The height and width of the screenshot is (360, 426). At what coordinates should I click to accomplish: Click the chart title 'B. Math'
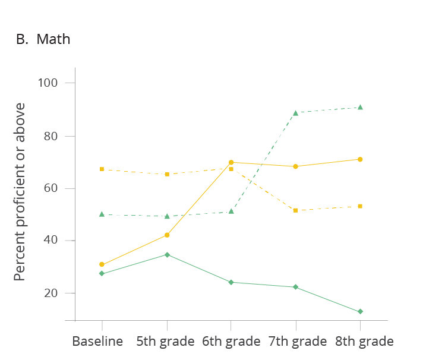point(43,40)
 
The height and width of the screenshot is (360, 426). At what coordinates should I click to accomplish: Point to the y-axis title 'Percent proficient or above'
point(20,192)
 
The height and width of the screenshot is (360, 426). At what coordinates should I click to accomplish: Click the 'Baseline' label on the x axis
point(97,342)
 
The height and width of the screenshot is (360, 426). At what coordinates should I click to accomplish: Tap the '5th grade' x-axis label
point(165,342)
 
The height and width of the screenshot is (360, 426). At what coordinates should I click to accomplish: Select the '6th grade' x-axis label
point(231,342)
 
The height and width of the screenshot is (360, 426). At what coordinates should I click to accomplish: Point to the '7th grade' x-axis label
point(298,342)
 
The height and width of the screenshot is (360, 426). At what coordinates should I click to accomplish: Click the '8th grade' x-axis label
point(364,342)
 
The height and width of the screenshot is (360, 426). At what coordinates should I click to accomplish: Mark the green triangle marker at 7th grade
point(295,112)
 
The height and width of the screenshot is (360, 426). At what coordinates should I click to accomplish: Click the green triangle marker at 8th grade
point(360,107)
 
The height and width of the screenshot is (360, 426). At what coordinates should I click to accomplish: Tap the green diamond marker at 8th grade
point(360,311)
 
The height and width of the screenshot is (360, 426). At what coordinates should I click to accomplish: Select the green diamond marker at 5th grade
point(167,254)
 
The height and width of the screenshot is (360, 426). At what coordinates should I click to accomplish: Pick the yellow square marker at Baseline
point(102,169)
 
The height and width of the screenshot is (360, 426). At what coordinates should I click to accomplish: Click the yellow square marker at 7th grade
point(295,210)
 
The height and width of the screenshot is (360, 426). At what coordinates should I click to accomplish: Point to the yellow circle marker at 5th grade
point(167,235)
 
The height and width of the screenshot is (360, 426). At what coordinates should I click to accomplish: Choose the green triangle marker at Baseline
point(102,214)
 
